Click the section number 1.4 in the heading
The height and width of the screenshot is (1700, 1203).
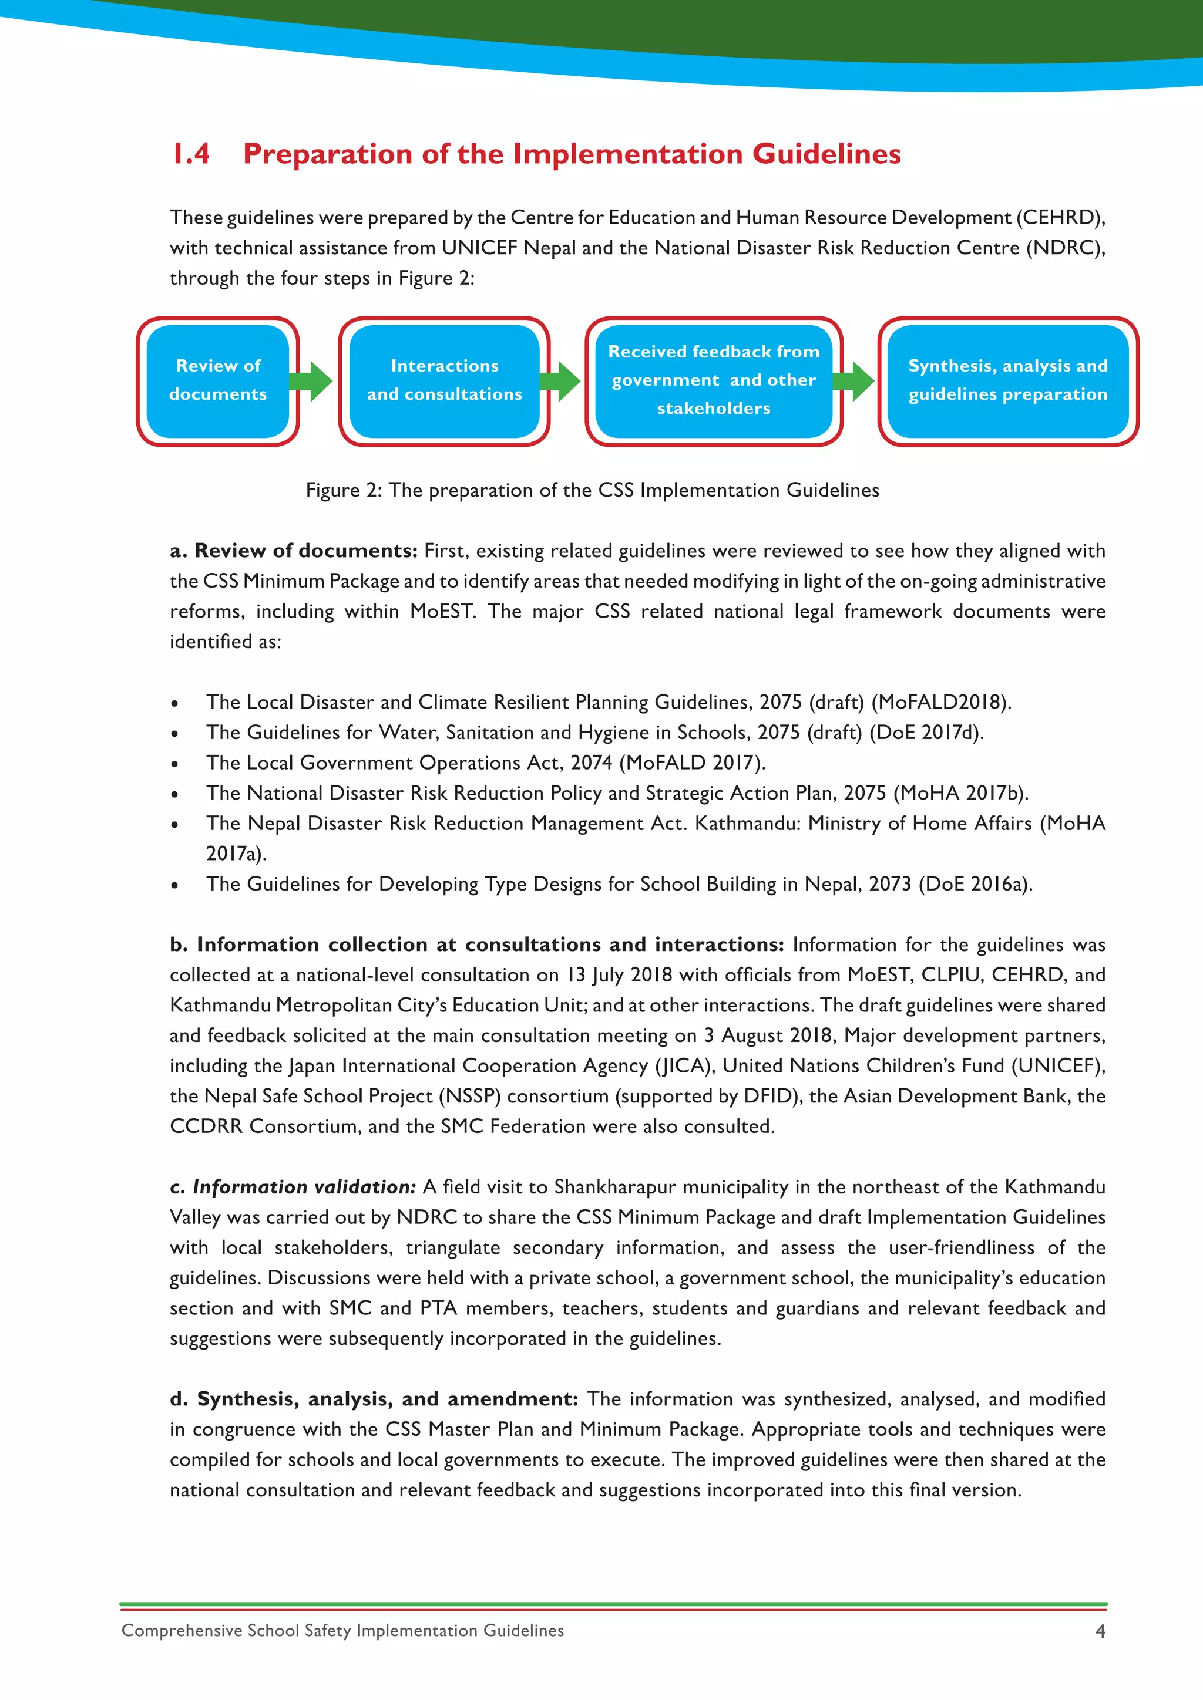coord(191,154)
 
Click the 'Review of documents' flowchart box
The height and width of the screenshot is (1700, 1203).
coord(218,380)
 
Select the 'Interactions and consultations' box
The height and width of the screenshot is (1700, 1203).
coord(445,380)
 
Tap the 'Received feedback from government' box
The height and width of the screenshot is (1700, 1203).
coord(713,380)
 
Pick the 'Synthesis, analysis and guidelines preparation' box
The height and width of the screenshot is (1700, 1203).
coord(1007,380)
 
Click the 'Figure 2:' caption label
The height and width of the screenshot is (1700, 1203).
coord(344,490)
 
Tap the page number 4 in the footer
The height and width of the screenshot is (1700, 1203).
coord(1100,1631)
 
